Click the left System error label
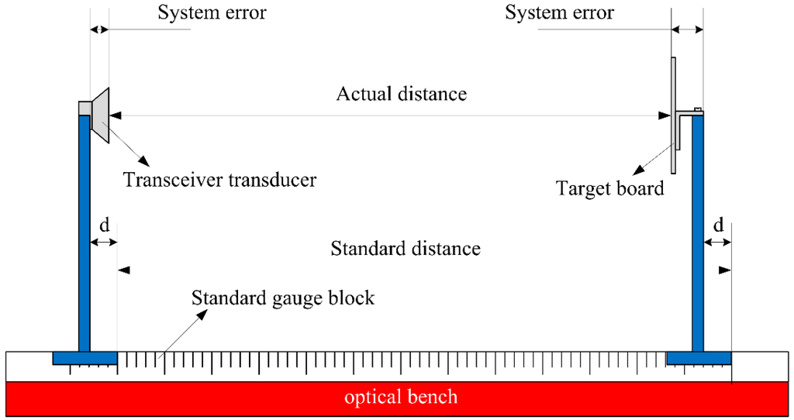click(x=212, y=13)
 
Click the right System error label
click(x=559, y=13)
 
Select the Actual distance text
click(x=401, y=95)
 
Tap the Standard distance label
click(x=406, y=249)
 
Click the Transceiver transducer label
click(x=220, y=181)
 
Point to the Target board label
click(x=610, y=188)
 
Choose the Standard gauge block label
click(x=283, y=298)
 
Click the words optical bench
click(x=401, y=398)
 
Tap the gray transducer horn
click(x=101, y=115)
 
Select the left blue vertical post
click(x=85, y=232)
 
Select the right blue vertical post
click(x=697, y=232)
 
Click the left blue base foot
click(x=85, y=358)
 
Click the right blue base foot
click(x=699, y=358)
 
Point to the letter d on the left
click(x=104, y=225)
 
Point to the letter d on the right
click(x=718, y=225)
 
